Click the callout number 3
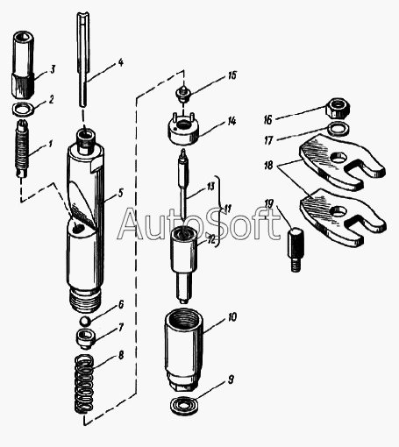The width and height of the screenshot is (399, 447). click(53, 70)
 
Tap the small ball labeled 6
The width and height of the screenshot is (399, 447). click(84, 321)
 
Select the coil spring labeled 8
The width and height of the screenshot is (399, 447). click(84, 384)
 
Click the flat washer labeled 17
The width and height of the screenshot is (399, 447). click(338, 129)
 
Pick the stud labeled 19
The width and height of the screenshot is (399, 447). click(296, 249)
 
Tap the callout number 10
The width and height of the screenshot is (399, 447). click(232, 317)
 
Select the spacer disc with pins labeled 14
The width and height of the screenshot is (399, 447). click(183, 130)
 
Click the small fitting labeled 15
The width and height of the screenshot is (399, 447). click(182, 94)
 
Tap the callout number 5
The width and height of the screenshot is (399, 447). click(120, 193)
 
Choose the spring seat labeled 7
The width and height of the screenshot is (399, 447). click(85, 338)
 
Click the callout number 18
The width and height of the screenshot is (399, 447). click(268, 166)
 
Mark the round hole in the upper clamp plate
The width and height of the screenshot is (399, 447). click(338, 157)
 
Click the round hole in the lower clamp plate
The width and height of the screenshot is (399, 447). click(338, 211)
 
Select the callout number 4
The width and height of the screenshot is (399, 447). click(121, 63)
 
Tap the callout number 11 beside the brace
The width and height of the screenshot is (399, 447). click(228, 209)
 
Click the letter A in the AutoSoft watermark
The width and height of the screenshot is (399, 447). click(132, 224)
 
